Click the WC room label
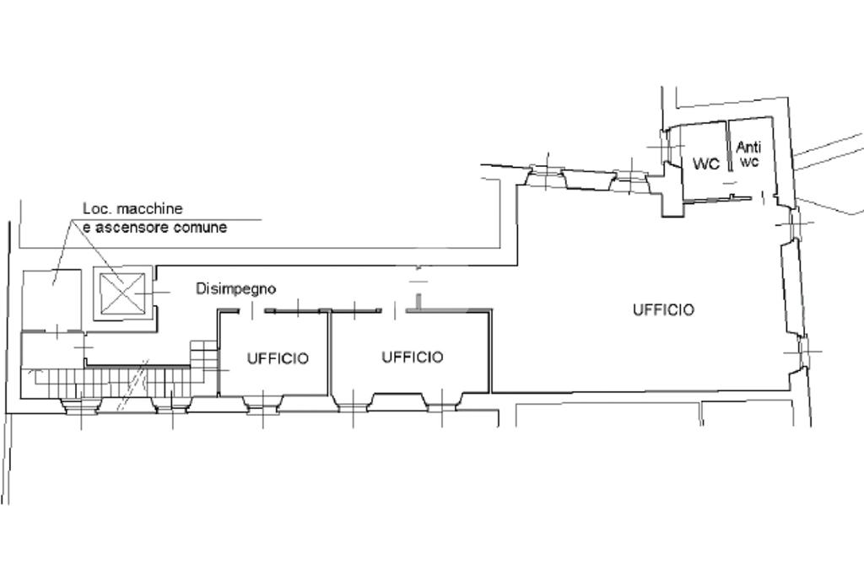coord(706,164)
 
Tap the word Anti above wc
coord(749,147)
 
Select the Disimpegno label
coord(236,288)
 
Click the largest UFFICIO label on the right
coord(663,309)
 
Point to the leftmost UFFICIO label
coord(278,358)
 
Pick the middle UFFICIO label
coord(413,357)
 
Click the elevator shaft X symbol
coord(121,293)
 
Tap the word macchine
coord(149,209)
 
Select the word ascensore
coord(129,227)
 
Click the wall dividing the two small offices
coord(330,353)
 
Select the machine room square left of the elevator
coord(51,300)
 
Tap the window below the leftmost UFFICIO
coord(262,404)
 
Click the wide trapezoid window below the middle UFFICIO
coord(398,402)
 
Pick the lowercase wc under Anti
coord(749,161)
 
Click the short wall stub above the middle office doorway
coord(418,303)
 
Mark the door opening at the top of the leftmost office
coord(253,311)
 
